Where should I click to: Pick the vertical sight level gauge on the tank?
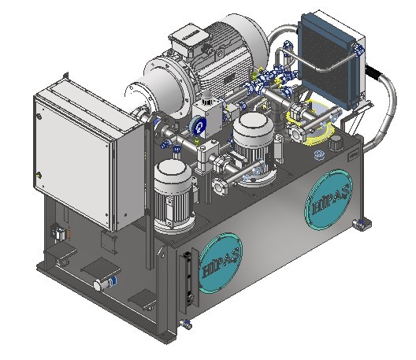[x=188, y=280]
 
